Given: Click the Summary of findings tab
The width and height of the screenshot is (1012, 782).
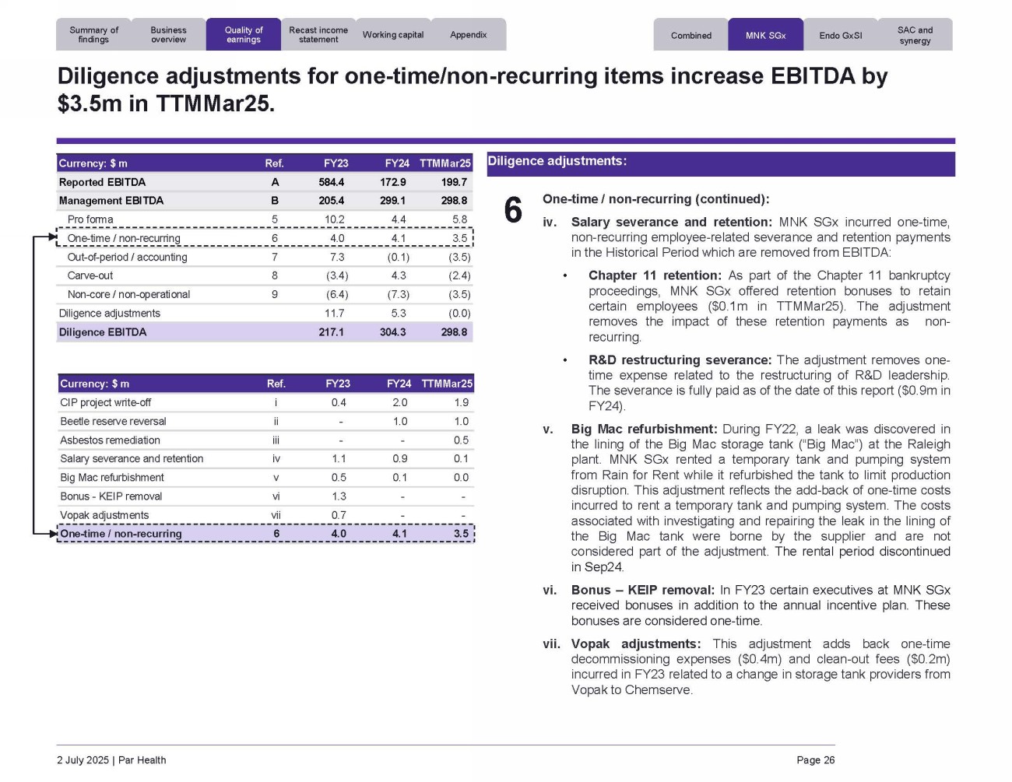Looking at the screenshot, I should [93, 35].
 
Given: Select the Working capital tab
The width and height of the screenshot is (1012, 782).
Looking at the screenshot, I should [393, 35].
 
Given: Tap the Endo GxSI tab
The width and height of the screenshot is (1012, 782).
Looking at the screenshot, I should [841, 35].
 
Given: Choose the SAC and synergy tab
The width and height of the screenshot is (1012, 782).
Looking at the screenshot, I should [915, 35].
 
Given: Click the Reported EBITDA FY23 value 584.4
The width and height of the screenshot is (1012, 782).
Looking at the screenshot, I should [331, 182].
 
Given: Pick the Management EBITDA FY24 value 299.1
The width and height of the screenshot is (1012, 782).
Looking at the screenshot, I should [392, 201].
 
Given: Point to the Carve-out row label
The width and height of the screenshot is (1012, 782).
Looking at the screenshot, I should [90, 275].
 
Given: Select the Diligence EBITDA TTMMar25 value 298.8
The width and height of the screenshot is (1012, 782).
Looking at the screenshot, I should [454, 332].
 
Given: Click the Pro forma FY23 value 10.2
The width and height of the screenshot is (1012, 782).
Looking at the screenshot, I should [335, 219].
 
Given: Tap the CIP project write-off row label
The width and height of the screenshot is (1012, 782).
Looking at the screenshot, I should [106, 402].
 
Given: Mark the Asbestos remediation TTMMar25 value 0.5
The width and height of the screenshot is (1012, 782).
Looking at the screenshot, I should [461, 440].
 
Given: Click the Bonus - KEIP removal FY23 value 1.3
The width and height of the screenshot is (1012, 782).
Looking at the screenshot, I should [339, 496].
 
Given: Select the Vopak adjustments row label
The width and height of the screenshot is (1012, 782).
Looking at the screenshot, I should [104, 515].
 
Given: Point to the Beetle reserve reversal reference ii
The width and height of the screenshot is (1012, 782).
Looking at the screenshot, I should [276, 422].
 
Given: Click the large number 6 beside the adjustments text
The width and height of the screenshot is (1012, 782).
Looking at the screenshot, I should [513, 210].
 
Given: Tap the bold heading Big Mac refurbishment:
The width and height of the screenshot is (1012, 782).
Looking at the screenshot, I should [644, 429].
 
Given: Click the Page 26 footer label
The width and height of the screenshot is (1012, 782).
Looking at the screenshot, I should [815, 760].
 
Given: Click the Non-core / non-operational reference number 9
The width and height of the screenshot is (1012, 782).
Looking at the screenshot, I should [275, 294].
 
